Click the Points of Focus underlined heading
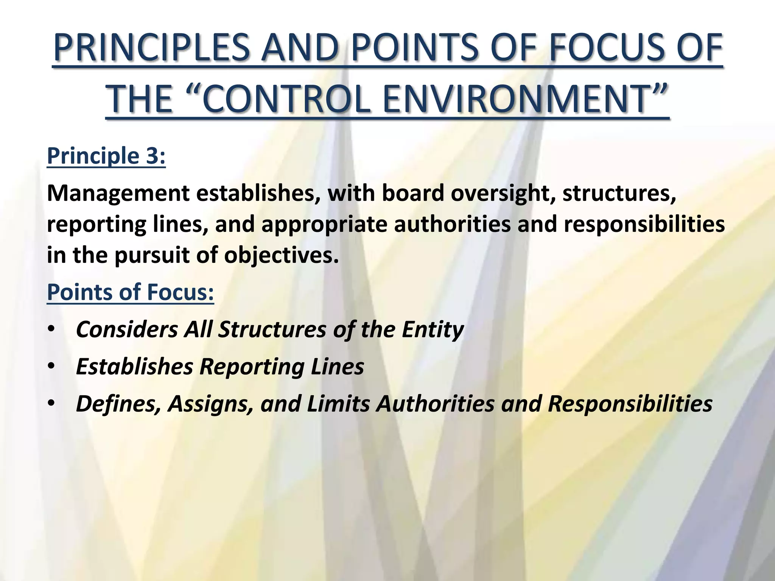click(x=130, y=292)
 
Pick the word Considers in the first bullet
click(x=127, y=329)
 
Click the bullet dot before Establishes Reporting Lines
click(x=51, y=366)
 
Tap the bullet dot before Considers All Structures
click(x=51, y=329)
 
